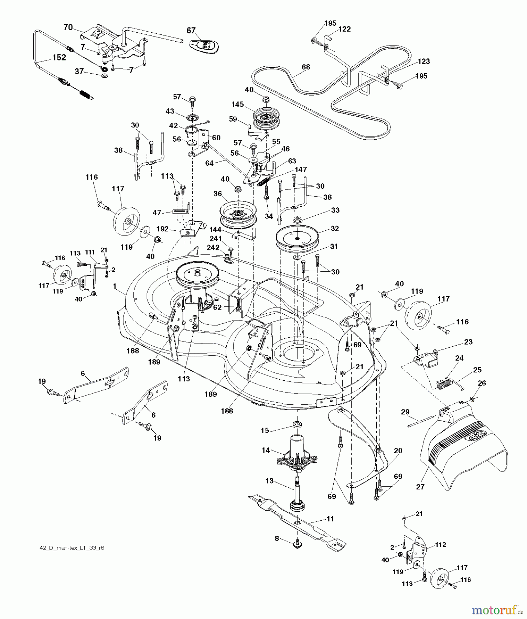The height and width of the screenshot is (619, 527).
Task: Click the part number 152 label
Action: click(59, 57)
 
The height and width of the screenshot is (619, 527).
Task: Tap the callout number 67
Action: click(191, 31)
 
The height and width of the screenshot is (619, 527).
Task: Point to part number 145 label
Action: click(238, 104)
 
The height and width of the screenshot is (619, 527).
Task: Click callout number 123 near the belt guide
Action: click(424, 61)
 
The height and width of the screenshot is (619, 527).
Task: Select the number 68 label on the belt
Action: click(305, 67)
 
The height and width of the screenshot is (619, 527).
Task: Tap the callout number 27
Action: click(420, 487)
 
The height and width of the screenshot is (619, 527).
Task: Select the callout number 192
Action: click(162, 229)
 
